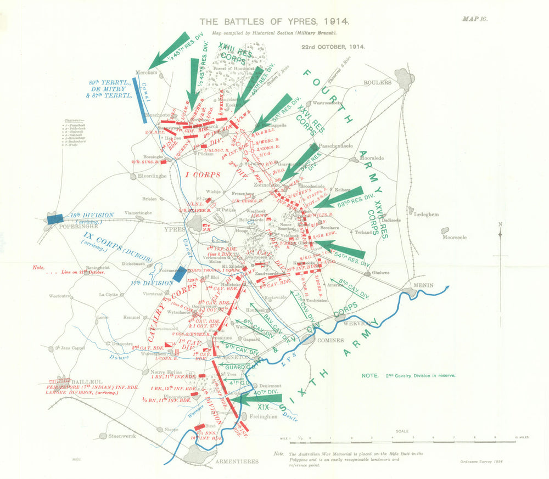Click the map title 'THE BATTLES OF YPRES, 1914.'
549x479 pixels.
[273, 22]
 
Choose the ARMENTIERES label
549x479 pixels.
[237, 462]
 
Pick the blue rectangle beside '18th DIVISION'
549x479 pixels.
[54, 218]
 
